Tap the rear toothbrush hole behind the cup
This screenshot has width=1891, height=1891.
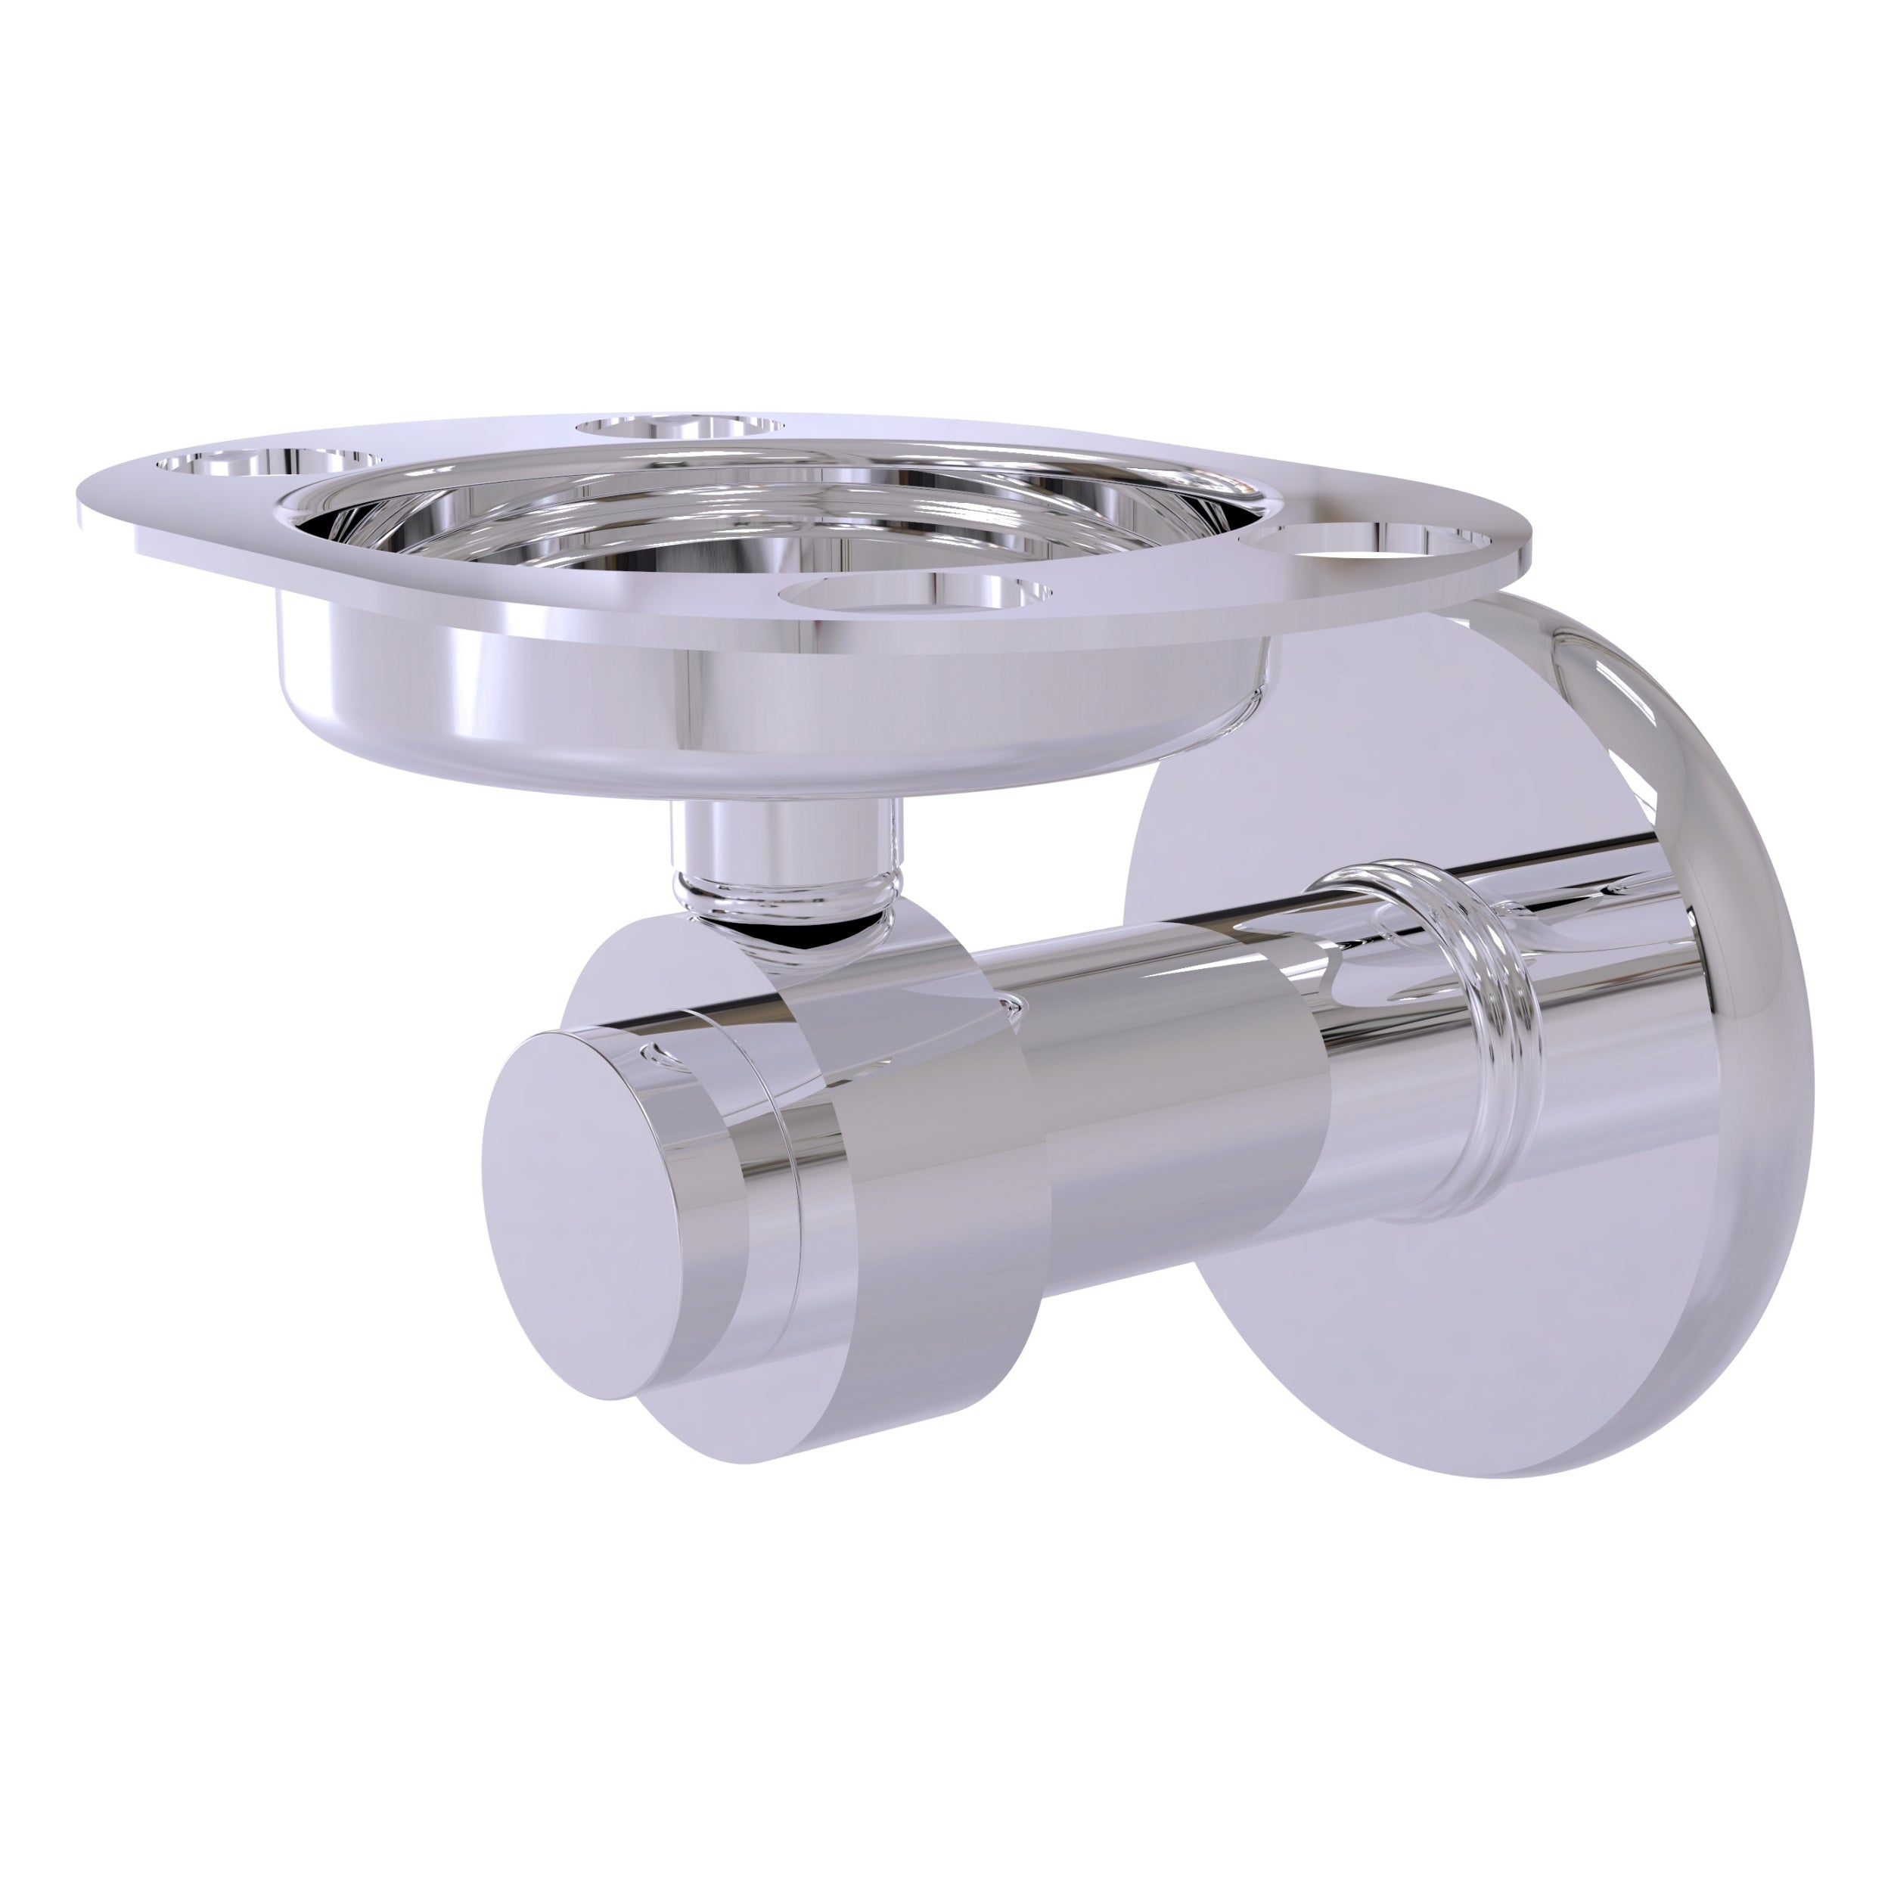680,426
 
